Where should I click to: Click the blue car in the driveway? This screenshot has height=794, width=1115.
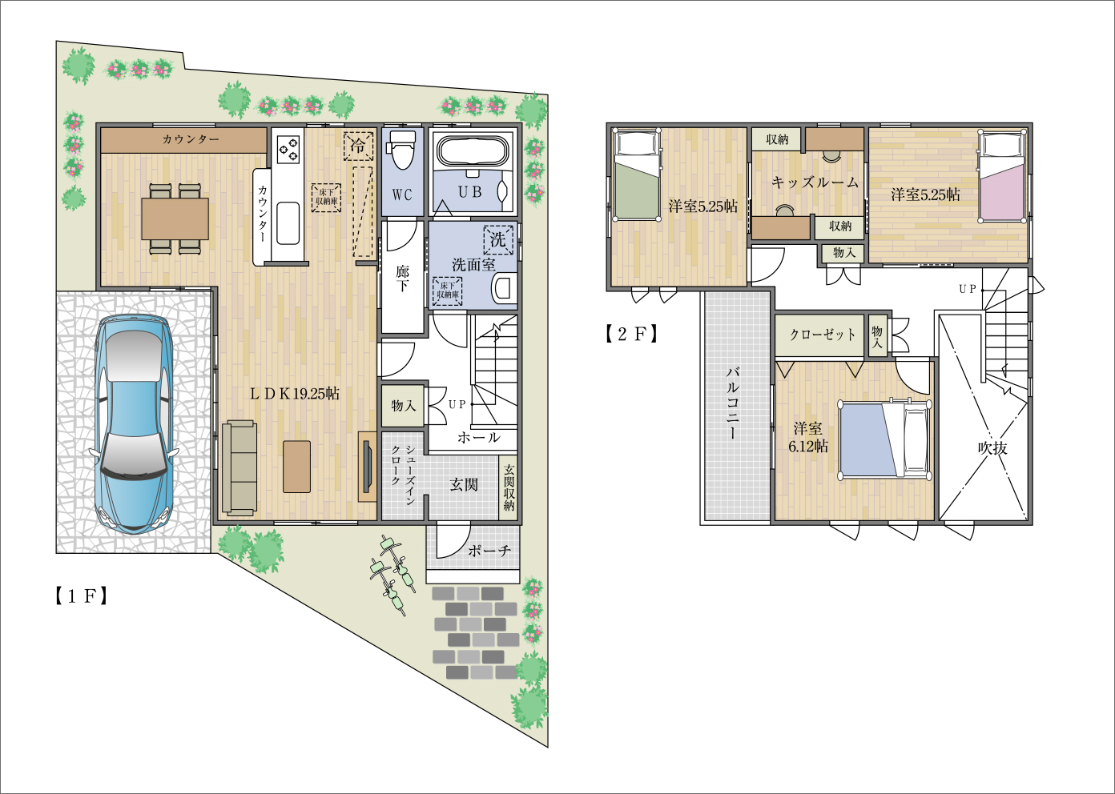pos(134,425)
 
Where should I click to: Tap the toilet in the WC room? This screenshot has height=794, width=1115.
pos(402,150)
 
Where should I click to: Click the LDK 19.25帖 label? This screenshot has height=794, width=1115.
pos(295,394)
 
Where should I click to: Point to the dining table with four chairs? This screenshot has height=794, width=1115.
pos(175,219)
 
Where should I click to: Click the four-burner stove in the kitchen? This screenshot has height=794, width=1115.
pos(288,149)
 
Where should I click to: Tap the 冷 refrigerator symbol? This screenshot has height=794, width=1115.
pos(358,146)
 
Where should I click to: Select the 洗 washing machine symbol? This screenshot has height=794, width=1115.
pos(497,240)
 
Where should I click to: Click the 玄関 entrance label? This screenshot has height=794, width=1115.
pos(464,484)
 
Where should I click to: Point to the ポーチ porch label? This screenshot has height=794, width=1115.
pos(489,551)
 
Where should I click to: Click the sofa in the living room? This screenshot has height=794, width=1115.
pos(240,467)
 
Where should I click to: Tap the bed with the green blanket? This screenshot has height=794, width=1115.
pos(638,174)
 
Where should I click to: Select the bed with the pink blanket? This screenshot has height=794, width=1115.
pos(1001,176)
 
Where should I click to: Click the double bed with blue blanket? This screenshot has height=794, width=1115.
pos(884,439)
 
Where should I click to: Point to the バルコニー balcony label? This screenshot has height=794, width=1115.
pos(733,403)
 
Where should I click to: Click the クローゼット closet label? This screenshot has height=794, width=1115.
pos(823,335)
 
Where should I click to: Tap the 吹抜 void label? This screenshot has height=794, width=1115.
pos(992,448)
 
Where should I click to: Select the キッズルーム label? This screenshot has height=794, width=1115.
pos(815,182)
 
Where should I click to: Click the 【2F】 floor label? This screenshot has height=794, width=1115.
pos(632,334)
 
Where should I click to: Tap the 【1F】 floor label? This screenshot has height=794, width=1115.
pos(81,596)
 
